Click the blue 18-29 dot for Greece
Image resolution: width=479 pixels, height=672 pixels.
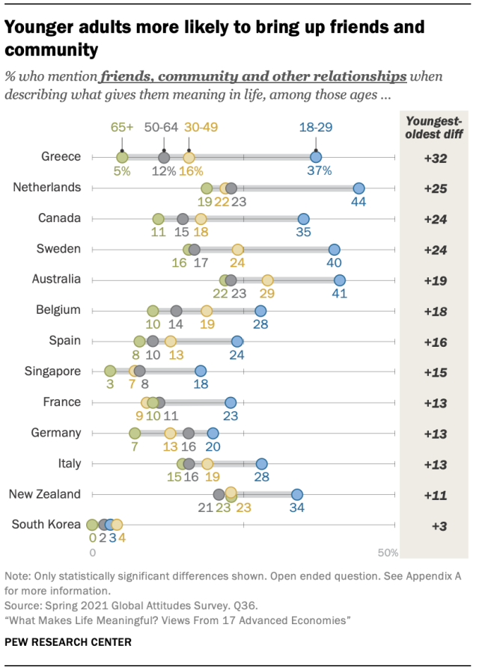(x=316, y=157)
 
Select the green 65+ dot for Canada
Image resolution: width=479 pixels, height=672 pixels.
(x=158, y=219)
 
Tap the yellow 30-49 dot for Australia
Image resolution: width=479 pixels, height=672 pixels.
(x=267, y=280)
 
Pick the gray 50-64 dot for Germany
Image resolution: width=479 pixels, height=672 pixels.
(x=189, y=433)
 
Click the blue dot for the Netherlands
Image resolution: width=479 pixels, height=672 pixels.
(x=359, y=188)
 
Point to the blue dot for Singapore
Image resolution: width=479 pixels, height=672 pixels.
(x=201, y=372)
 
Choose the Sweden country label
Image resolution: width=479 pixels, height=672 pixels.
(x=59, y=249)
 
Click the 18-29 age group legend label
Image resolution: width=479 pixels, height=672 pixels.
(x=316, y=128)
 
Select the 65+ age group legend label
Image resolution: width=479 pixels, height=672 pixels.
(x=122, y=128)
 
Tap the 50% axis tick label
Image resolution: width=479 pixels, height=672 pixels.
(x=388, y=553)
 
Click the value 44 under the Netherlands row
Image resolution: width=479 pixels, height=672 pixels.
(x=359, y=202)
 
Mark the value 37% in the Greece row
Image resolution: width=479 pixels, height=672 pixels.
(x=317, y=171)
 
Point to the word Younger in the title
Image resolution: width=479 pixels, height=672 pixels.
(x=39, y=28)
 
